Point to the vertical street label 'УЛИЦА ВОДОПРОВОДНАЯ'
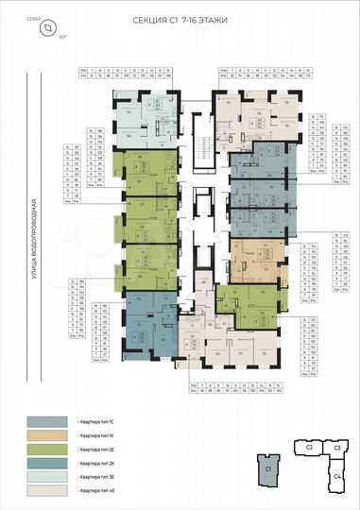32,242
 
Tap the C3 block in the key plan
335,447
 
